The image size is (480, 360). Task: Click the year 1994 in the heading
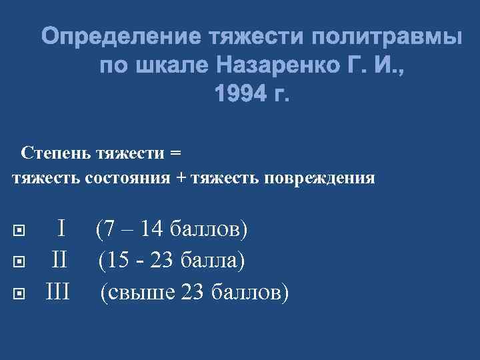(236, 95)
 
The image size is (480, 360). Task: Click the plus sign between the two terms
(182, 178)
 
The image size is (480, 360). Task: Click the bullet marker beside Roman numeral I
(19, 232)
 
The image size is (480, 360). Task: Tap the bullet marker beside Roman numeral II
(19, 262)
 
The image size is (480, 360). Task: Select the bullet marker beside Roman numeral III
(19, 292)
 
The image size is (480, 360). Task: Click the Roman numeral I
(61, 231)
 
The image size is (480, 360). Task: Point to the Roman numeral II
(59, 261)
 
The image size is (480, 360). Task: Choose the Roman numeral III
(58, 291)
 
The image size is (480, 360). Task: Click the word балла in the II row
(213, 261)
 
